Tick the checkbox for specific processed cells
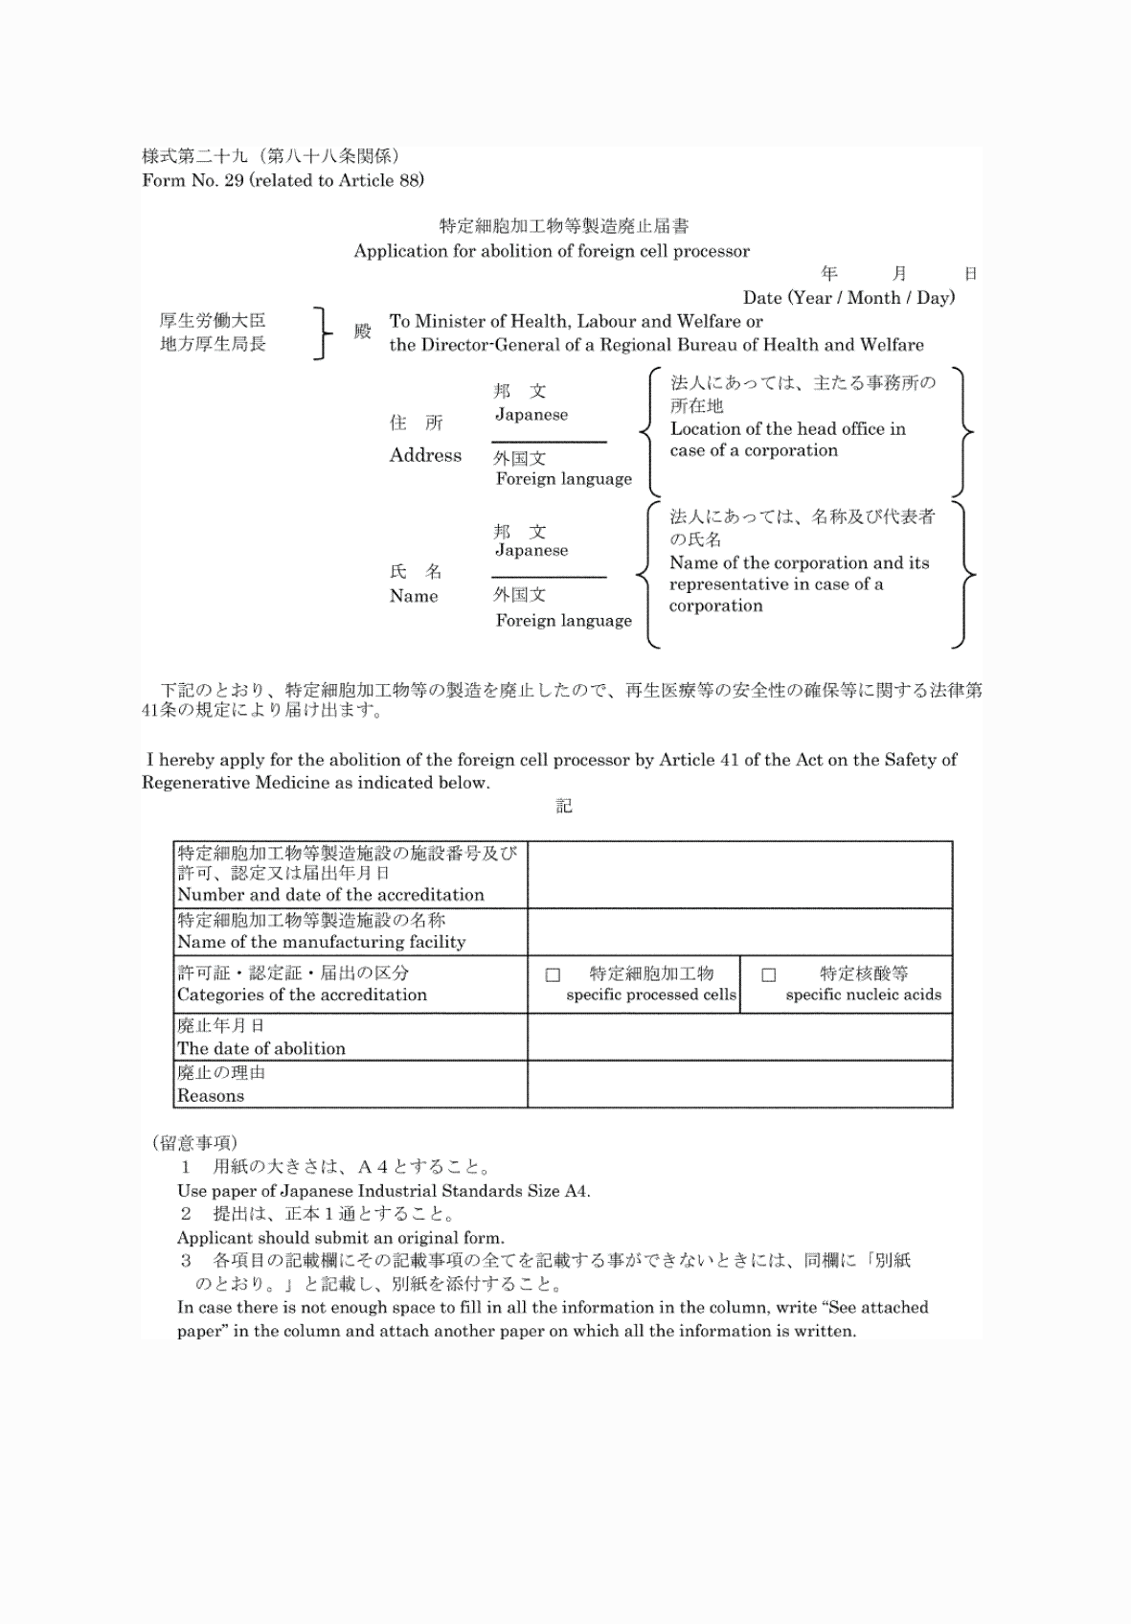(553, 975)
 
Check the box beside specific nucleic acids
(768, 975)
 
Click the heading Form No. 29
(283, 180)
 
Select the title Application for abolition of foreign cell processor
(552, 251)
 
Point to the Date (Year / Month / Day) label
(848, 298)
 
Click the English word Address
(425, 455)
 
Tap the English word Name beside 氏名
(414, 596)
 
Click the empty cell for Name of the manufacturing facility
(739, 931)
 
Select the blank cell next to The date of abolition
(739, 1037)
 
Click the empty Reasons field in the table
(739, 1084)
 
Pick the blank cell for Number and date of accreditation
(739, 875)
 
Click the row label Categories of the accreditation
(302, 995)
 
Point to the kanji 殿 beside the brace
(362, 332)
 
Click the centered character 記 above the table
(564, 807)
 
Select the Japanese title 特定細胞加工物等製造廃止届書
(564, 226)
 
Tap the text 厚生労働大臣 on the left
(213, 320)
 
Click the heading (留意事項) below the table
(194, 1142)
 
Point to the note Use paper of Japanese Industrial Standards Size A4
(383, 1191)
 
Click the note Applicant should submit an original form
(340, 1237)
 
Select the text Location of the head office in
(787, 428)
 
